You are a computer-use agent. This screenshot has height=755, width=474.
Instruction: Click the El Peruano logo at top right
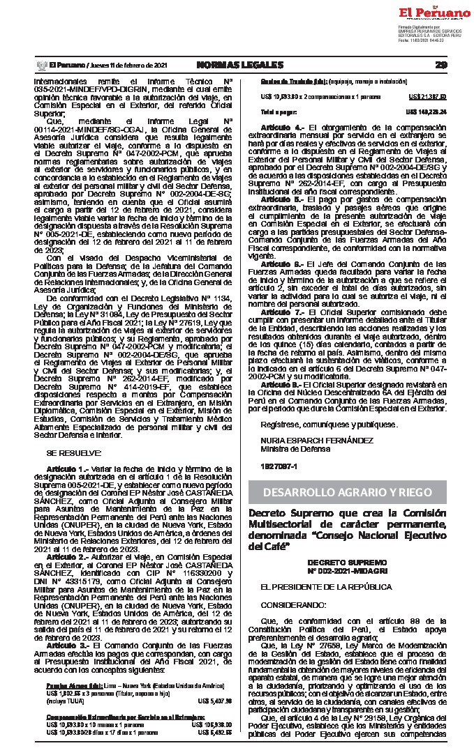pyautogui.click(x=435, y=13)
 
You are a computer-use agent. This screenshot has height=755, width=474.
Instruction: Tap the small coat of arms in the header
pyautogui.click(x=40, y=65)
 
